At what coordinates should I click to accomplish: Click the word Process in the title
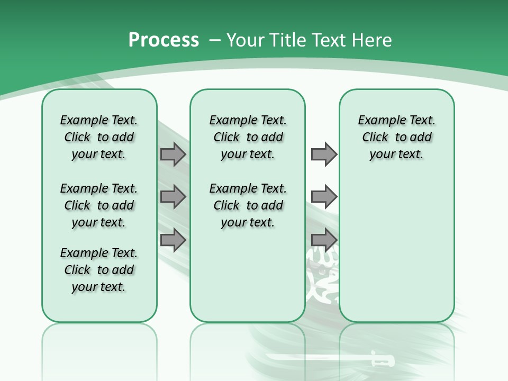coord(164,40)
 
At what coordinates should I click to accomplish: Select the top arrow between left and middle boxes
coord(173,155)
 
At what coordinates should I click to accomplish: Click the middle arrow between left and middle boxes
coord(173,197)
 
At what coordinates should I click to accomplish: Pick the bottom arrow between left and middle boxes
coord(173,240)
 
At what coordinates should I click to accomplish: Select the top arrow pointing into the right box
coord(324,155)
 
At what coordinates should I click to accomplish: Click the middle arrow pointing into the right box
coord(324,197)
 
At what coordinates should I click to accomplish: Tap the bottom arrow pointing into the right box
coord(324,240)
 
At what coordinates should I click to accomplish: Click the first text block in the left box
coord(99,137)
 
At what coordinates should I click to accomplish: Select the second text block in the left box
coord(99,205)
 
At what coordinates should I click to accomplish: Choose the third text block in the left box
coord(99,270)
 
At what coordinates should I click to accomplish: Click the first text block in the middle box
coord(248,137)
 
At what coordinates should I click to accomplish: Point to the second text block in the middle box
coord(248,205)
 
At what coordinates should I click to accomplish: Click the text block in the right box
coord(396,137)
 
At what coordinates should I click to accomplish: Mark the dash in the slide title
coord(215,40)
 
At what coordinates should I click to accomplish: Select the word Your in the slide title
coord(246,40)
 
